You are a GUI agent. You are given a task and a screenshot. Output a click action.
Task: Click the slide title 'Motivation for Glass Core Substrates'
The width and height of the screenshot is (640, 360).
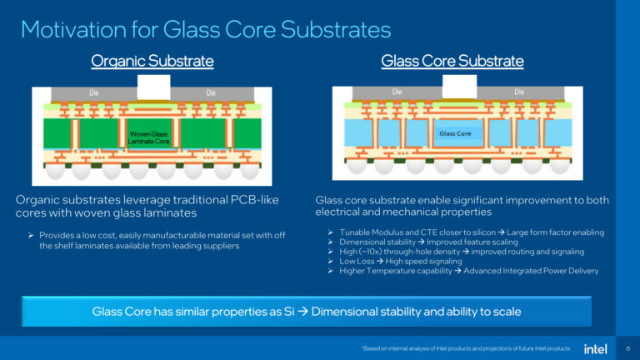pos(205,30)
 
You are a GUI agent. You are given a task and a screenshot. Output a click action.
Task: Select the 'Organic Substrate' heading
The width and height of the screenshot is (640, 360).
pos(152,61)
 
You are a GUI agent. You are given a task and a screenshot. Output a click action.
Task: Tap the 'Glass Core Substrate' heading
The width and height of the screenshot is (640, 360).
pos(452,61)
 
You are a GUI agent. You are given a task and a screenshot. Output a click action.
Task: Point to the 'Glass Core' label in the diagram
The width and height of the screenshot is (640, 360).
pos(454,133)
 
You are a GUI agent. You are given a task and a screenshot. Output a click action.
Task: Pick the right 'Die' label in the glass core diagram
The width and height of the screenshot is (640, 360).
pos(520,92)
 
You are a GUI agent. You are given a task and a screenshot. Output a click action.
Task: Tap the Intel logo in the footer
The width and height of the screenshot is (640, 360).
pos(594,347)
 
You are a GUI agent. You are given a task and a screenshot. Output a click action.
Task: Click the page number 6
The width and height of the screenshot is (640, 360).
pos(626,347)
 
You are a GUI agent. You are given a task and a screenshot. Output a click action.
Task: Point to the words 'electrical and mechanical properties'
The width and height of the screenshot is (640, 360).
pos(391,212)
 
